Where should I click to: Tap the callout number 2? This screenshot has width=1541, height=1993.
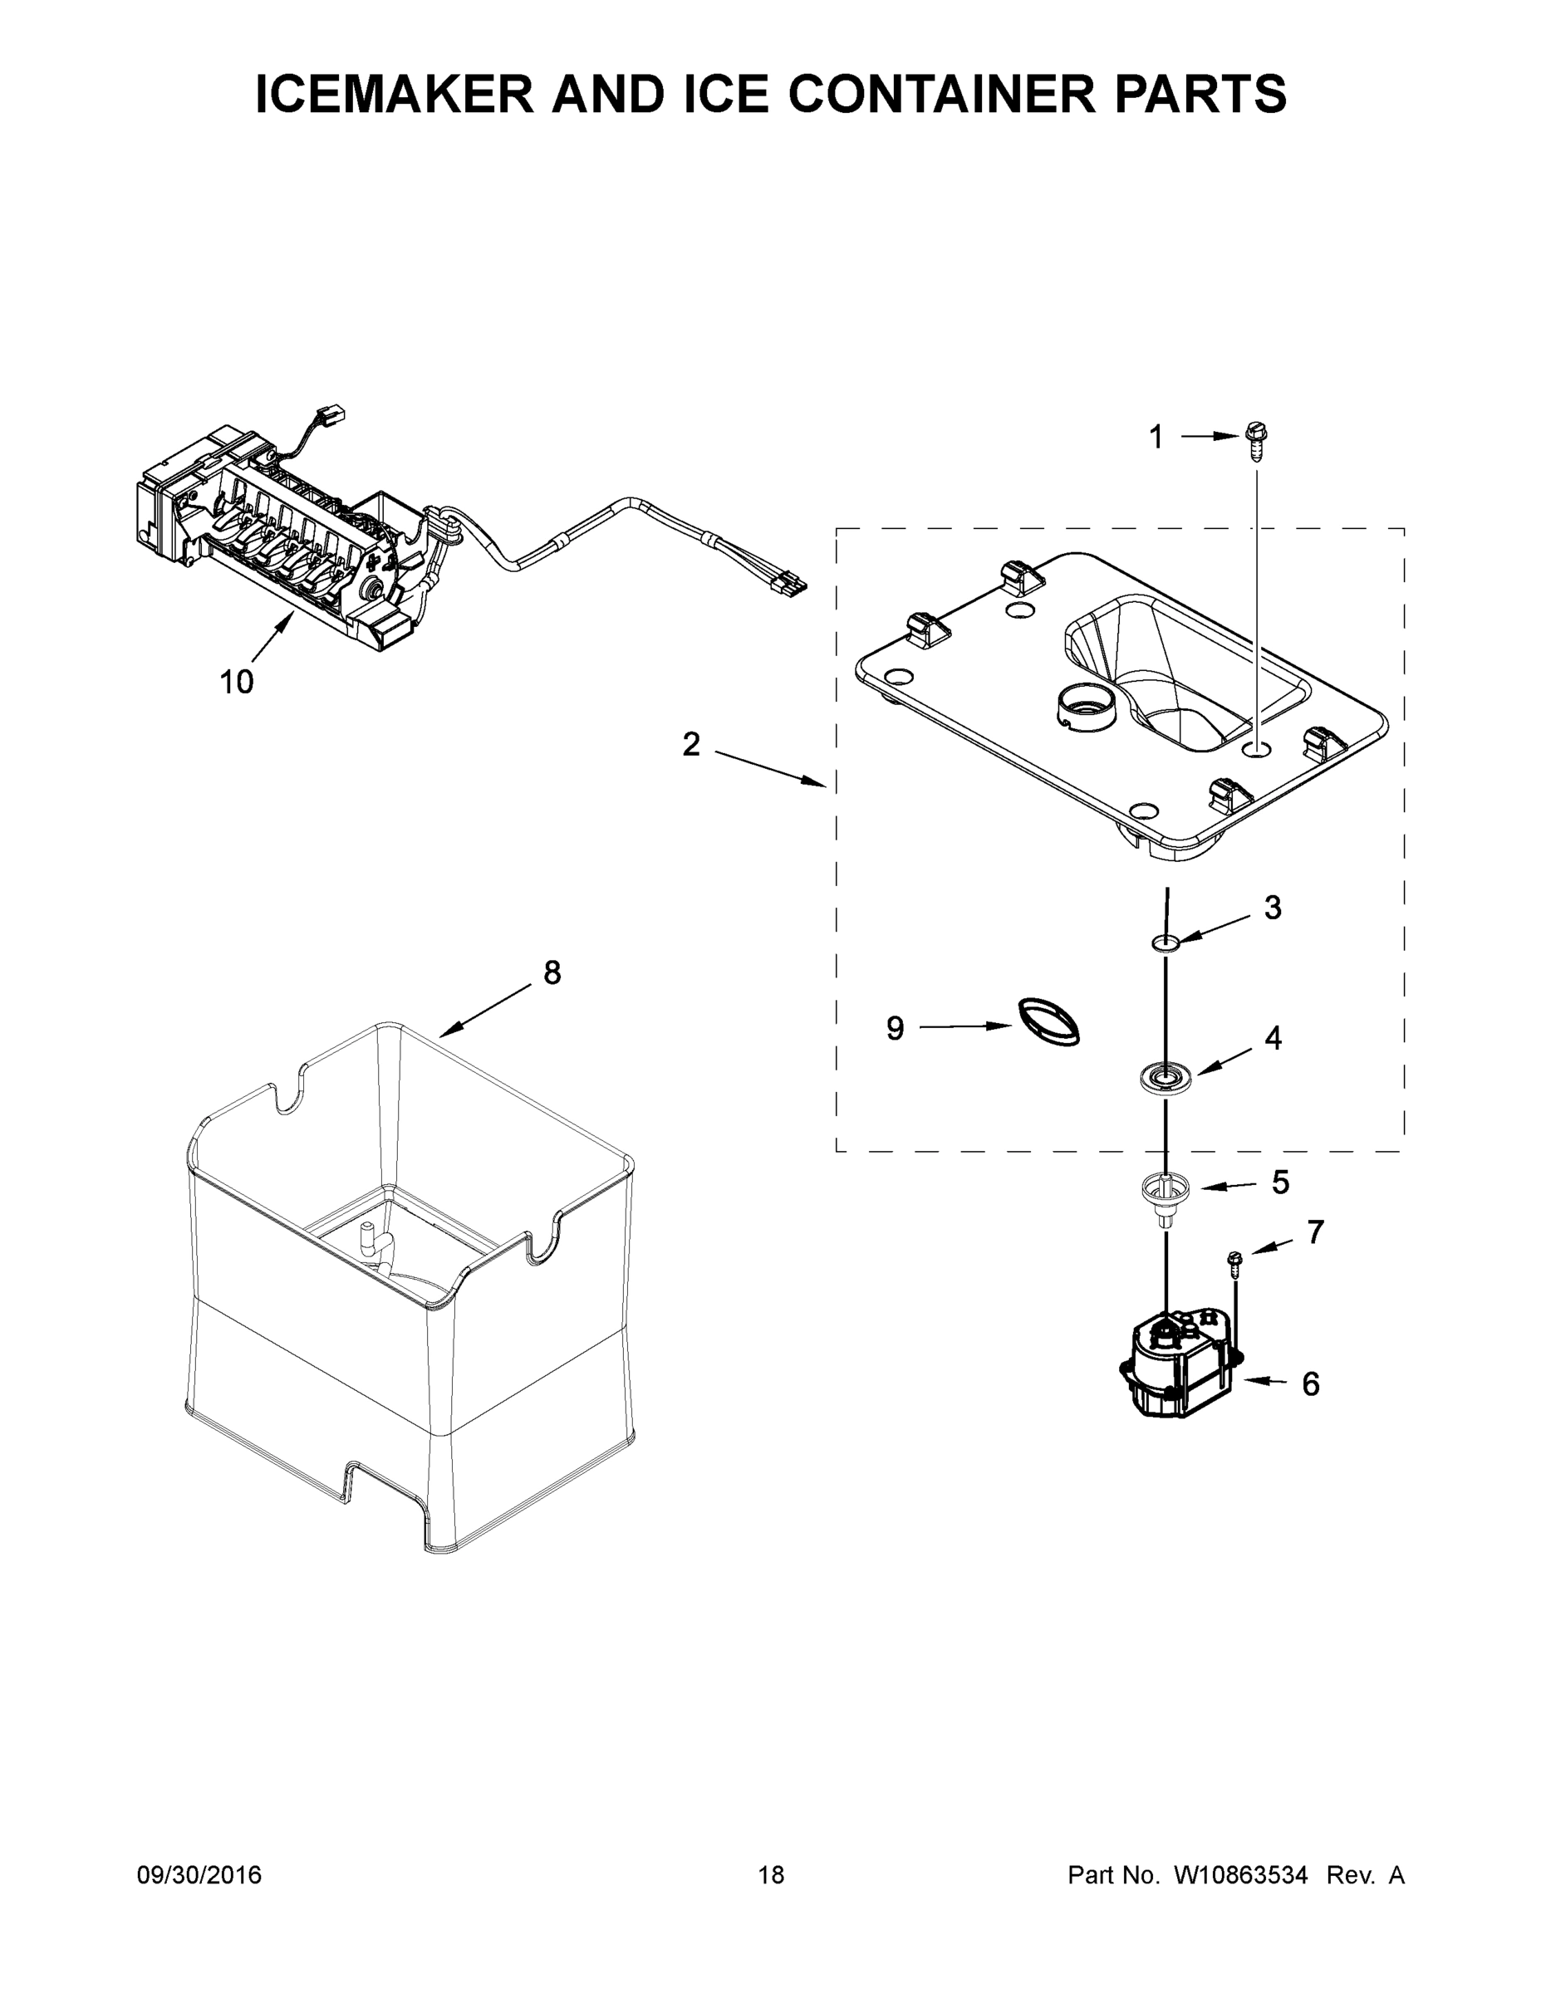691,745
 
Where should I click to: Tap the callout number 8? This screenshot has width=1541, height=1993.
552,972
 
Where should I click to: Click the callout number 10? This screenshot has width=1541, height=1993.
236,681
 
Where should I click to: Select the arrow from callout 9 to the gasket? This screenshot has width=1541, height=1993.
966,1026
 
